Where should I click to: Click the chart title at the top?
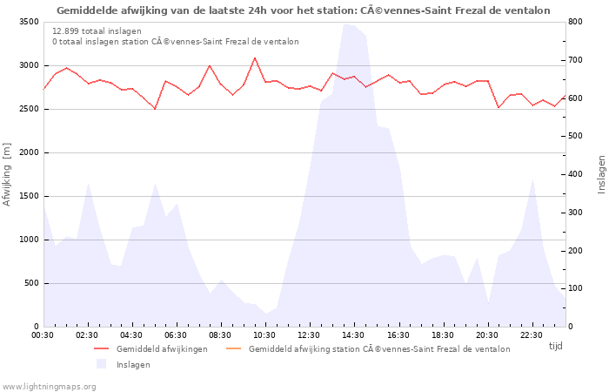[x=304, y=10]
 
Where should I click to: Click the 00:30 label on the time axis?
[x=43, y=335]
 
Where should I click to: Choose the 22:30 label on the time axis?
[x=532, y=335]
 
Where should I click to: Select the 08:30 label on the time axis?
[x=221, y=335]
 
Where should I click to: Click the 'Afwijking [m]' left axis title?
[x=8, y=174]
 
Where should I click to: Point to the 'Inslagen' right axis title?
[x=600, y=174]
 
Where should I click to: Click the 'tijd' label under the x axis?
[x=555, y=346]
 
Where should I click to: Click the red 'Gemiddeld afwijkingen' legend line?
[x=104, y=349]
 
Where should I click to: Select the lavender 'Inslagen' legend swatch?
[x=102, y=364]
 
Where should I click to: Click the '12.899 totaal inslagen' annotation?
[x=97, y=30]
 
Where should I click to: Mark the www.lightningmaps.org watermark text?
[x=49, y=386]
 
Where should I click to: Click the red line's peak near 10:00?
[x=255, y=58]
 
